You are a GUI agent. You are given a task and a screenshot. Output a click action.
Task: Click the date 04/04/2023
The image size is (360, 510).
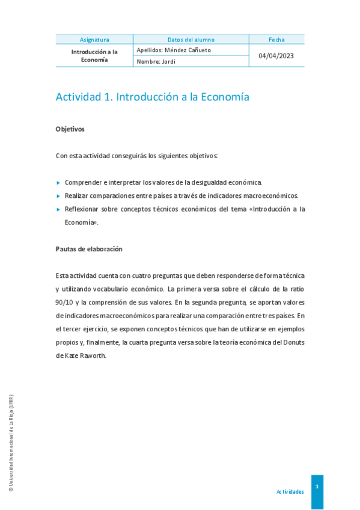coord(276,56)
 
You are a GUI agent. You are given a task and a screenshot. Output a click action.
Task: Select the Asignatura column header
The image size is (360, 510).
coord(94,40)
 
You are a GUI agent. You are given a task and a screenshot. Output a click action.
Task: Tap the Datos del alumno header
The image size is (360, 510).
coord(191,40)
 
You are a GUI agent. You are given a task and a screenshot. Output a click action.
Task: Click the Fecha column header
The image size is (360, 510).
coord(276,40)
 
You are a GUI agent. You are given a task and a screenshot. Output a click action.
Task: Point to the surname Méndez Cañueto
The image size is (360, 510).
coord(188,50)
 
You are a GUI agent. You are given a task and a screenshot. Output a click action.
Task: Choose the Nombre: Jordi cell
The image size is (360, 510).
coord(156,61)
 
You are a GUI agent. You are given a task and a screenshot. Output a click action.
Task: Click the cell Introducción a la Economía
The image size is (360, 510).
coord(94,56)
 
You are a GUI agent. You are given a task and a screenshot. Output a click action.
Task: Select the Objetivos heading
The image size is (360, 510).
coord(70,129)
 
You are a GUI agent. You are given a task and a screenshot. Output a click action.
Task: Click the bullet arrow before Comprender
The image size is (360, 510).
coord(58,182)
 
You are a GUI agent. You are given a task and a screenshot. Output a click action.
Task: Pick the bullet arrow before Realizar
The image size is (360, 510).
coord(58,195)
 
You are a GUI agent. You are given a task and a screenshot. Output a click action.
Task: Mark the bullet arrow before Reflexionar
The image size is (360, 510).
coord(58,209)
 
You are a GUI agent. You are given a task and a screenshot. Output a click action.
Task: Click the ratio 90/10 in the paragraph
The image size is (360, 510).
coord(67,302)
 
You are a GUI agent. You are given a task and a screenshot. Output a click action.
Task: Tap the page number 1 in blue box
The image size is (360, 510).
coord(317,486)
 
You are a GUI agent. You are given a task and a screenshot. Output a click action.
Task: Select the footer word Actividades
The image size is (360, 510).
coord(290,491)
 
